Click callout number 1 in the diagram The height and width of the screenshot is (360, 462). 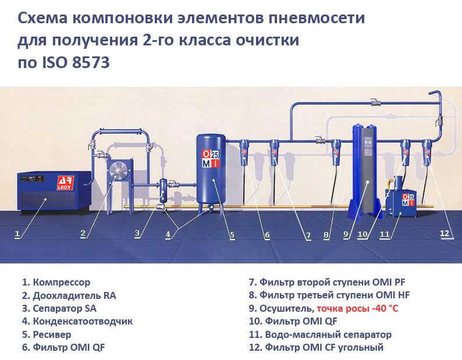click(17, 234)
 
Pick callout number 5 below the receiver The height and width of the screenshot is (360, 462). click(232, 236)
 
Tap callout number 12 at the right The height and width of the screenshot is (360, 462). click(445, 233)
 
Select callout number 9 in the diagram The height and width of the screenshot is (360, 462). click(346, 235)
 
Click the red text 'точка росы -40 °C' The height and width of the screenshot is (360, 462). click(361, 308)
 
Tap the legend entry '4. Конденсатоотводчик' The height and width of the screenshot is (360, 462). click(77, 321)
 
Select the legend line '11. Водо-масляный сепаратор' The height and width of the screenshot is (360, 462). click(320, 334)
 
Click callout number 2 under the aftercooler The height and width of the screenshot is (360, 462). click(83, 234)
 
